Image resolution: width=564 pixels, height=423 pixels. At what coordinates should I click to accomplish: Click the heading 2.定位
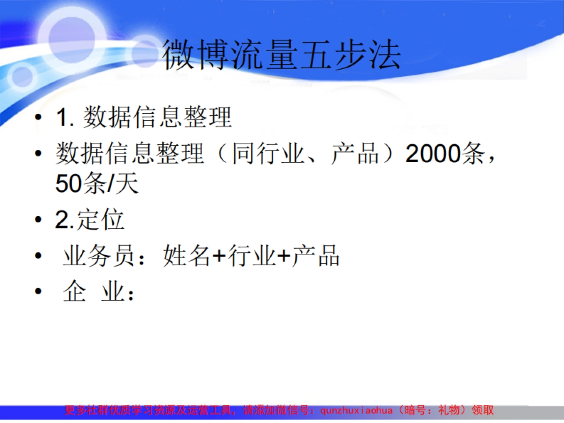click(90, 220)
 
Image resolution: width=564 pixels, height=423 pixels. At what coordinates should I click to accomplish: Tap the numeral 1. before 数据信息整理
click(65, 117)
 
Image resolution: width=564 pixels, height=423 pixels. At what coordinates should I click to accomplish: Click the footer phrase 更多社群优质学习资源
click(118, 410)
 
